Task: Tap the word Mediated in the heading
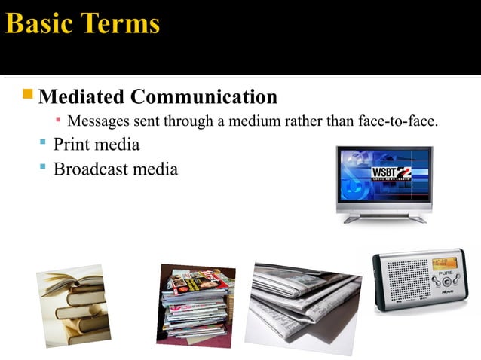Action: coord(81,97)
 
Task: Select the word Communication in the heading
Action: coord(204,97)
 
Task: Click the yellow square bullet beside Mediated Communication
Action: coord(28,95)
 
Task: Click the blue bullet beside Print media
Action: coord(43,142)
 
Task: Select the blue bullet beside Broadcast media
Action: coord(43,166)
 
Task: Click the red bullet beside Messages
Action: coord(58,120)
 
